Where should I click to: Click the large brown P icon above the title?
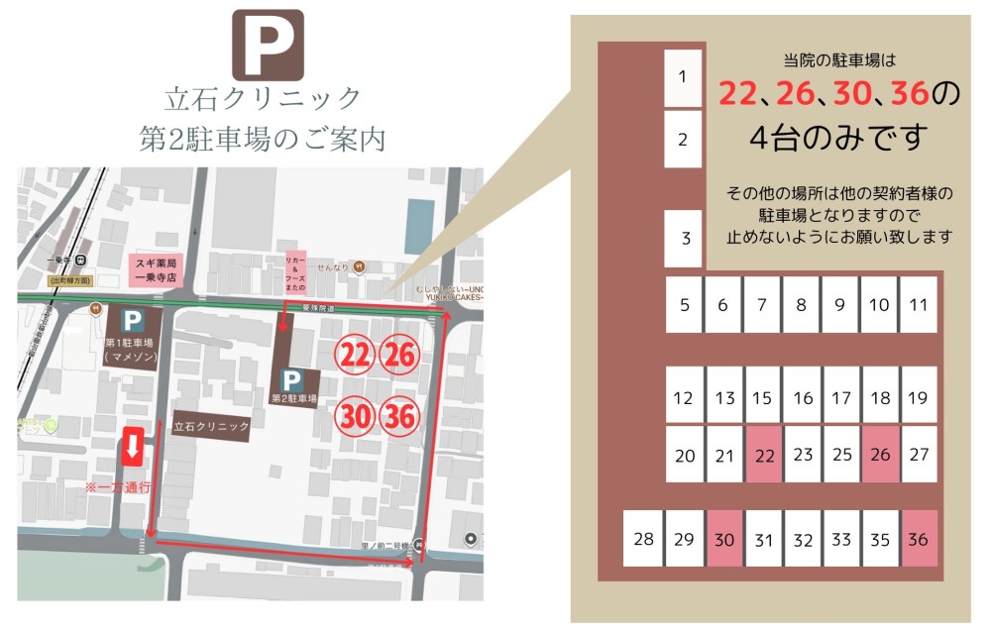tap(267, 45)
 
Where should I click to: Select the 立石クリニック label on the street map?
tap(211, 426)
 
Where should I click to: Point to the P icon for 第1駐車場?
tap(131, 321)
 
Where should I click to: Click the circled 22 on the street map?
tap(355, 355)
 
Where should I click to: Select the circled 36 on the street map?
tap(399, 416)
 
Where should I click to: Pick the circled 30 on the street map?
tap(355, 416)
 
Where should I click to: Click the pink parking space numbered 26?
tap(880, 455)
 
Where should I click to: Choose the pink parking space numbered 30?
tap(724, 539)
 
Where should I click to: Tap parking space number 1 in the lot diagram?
tap(682, 77)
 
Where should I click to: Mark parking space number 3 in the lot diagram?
tap(685, 238)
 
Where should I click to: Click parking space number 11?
tap(918, 304)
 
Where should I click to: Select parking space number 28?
tap(643, 539)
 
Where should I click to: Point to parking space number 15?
tap(762, 398)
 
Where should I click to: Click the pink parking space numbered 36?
tap(918, 539)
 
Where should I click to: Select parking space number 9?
tap(840, 304)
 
